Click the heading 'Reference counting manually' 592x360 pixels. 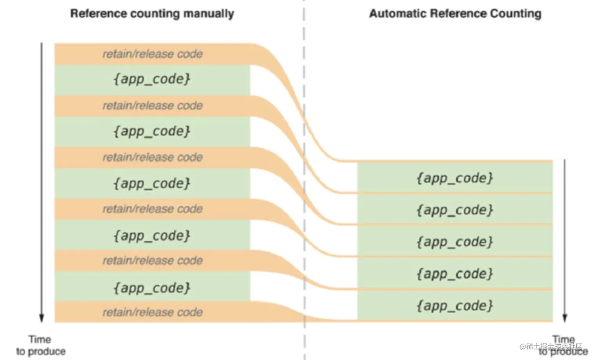tap(152, 14)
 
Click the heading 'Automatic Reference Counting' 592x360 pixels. tap(455, 13)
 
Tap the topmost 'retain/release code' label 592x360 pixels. tap(153, 54)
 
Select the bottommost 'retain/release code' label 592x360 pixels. tap(153, 312)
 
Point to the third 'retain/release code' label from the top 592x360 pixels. tap(153, 157)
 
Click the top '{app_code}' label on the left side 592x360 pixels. tap(152, 79)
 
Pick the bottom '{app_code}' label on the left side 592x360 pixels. tap(152, 288)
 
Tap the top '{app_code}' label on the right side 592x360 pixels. tap(455, 178)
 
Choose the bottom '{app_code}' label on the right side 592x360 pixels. tap(455, 306)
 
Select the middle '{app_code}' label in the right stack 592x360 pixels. tap(455, 242)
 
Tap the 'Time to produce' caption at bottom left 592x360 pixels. tap(41, 346)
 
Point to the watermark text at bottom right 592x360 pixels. tap(551, 346)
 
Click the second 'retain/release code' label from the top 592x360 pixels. tap(153, 106)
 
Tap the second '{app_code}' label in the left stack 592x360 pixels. tap(152, 131)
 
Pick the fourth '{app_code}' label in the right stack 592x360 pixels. tap(455, 274)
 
